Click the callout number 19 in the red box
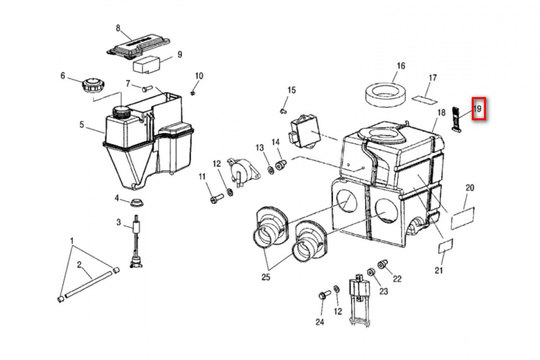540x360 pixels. [x=478, y=108]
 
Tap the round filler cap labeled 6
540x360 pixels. [x=92, y=85]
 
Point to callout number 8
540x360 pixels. [x=118, y=28]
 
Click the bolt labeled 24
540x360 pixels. [x=323, y=296]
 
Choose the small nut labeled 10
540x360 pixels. [x=193, y=93]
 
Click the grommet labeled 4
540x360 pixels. [x=136, y=202]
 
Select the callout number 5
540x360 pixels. [x=82, y=125]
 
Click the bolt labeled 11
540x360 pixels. [x=216, y=197]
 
